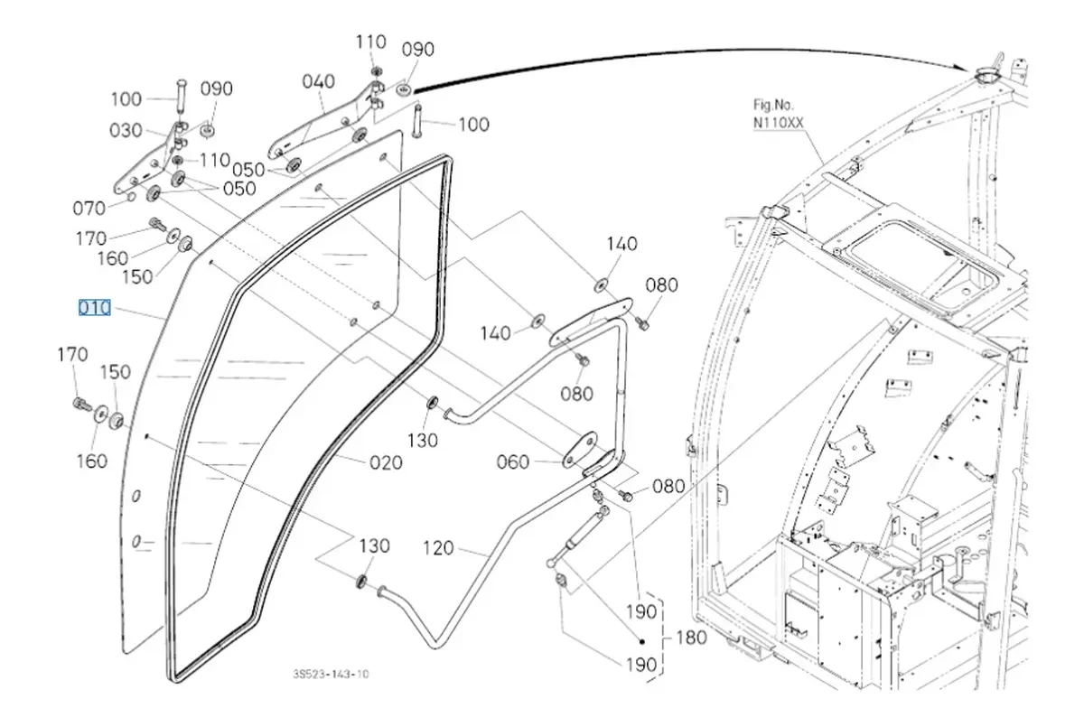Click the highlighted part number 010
click(x=94, y=308)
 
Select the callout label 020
click(x=385, y=463)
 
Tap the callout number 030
click(x=126, y=131)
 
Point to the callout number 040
click(x=319, y=82)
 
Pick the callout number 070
click(x=89, y=209)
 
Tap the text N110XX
click(x=778, y=119)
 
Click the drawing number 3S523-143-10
click(x=331, y=674)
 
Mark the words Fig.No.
click(x=773, y=104)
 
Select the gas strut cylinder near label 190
click(x=583, y=528)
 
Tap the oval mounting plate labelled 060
click(x=575, y=449)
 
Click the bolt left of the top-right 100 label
click(x=417, y=122)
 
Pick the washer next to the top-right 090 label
click(x=403, y=88)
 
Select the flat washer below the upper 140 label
click(x=602, y=285)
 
